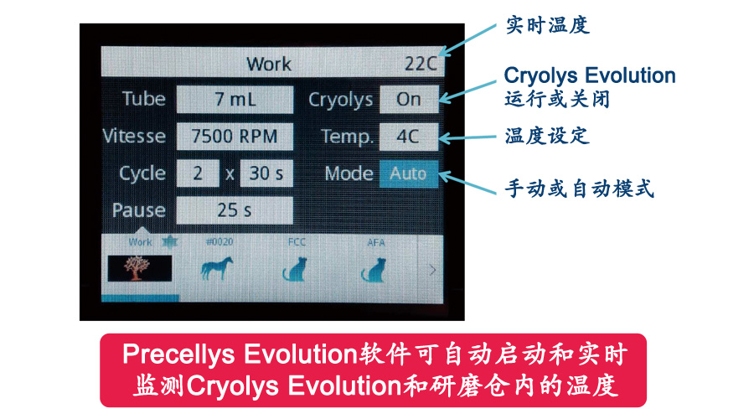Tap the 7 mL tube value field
(x=235, y=100)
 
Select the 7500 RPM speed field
(x=235, y=136)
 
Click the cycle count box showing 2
(x=198, y=173)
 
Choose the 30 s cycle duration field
(x=266, y=173)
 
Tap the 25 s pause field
(x=235, y=210)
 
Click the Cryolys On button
(x=409, y=99)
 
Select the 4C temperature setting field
(x=409, y=137)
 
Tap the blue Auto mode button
(x=409, y=173)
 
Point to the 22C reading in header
(x=421, y=64)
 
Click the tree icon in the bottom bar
(x=139, y=268)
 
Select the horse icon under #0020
(x=217, y=268)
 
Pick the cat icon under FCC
(x=295, y=269)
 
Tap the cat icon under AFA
(x=374, y=269)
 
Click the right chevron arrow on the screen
(x=432, y=270)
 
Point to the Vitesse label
(x=134, y=136)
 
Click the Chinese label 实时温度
(x=548, y=25)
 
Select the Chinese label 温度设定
(x=547, y=136)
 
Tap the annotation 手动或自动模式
(x=580, y=188)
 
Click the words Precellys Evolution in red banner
(x=240, y=355)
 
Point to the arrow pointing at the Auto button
(x=467, y=183)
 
